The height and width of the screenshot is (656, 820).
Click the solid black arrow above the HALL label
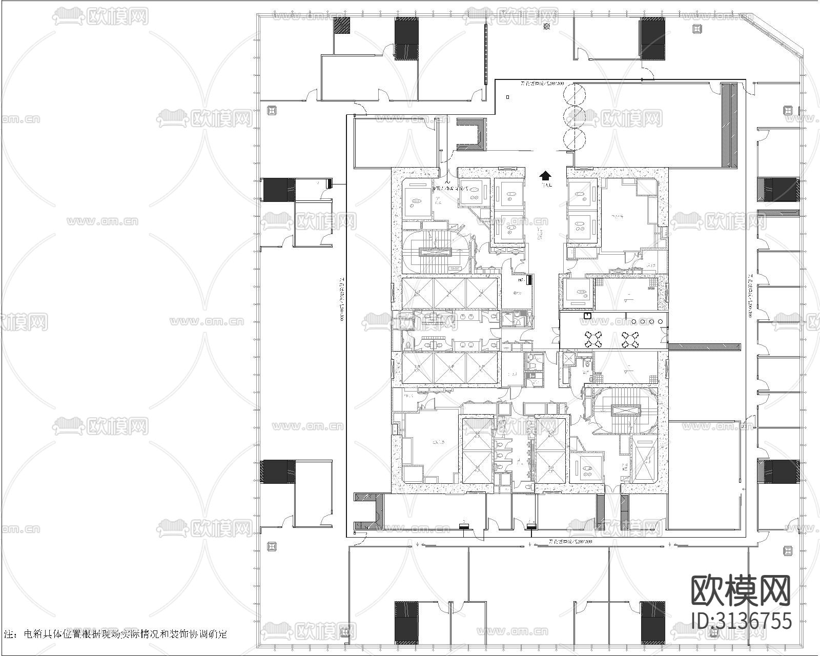coord(545,176)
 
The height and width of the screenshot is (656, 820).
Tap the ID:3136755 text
coord(742,620)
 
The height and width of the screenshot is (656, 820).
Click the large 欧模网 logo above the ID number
coord(741,590)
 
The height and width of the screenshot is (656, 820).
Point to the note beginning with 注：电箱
coord(115,634)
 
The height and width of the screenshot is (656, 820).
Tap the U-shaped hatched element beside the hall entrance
coord(471,134)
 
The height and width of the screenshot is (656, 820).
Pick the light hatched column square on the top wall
coord(342,25)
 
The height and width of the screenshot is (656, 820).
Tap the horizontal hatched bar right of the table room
coord(704,347)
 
